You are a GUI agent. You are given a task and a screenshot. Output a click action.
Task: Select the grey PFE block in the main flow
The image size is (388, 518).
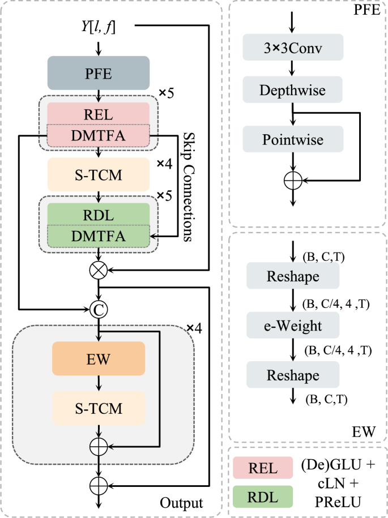click(x=99, y=72)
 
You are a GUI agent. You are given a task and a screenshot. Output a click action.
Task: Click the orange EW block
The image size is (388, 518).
click(x=99, y=358)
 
